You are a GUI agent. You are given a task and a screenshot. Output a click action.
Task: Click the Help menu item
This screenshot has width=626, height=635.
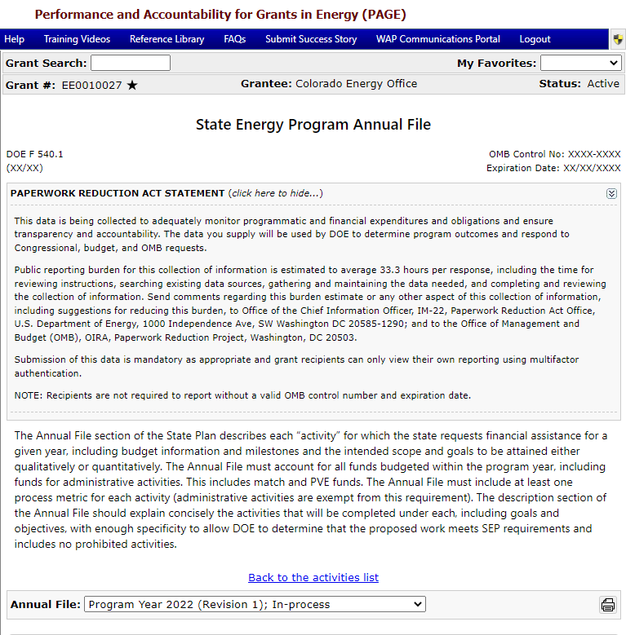(x=15, y=39)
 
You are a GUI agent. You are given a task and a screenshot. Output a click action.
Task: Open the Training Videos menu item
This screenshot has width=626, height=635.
(x=77, y=39)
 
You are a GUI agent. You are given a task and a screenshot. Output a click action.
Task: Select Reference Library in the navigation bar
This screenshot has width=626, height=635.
(x=167, y=39)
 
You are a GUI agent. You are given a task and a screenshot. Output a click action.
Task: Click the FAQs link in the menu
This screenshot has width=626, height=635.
(x=235, y=39)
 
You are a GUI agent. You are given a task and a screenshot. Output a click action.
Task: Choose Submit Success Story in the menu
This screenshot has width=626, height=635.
(x=311, y=39)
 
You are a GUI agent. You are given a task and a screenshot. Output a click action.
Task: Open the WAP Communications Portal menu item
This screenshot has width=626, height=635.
(x=438, y=39)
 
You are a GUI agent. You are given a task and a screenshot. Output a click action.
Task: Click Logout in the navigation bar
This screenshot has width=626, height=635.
(x=535, y=39)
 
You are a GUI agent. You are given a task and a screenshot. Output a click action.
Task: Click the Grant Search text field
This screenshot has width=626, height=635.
(x=131, y=63)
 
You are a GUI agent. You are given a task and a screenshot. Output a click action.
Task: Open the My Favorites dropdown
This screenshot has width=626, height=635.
(x=580, y=63)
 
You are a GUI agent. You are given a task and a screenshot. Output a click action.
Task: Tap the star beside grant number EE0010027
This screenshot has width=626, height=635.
(x=132, y=85)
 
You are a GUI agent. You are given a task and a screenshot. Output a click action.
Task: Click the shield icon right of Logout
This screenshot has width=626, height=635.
(x=618, y=39)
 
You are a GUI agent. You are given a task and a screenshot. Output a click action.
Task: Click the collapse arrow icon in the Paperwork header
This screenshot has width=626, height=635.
(x=611, y=194)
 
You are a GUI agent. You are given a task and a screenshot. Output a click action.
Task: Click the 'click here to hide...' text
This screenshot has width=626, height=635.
(x=276, y=193)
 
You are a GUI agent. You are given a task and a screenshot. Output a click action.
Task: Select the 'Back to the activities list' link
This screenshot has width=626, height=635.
(x=313, y=577)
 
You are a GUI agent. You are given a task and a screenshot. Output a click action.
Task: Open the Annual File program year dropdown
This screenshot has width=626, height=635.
(x=255, y=604)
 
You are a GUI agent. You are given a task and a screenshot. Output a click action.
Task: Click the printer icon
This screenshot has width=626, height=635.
(x=608, y=605)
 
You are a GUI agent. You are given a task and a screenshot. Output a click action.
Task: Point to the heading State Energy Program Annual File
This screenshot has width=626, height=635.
(x=313, y=125)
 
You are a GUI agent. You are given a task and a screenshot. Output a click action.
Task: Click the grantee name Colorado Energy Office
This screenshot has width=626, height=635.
(x=356, y=84)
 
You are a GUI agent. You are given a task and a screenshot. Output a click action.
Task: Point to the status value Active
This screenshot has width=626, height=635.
(x=603, y=84)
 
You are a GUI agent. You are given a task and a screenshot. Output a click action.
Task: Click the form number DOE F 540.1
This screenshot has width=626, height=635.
(x=34, y=153)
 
